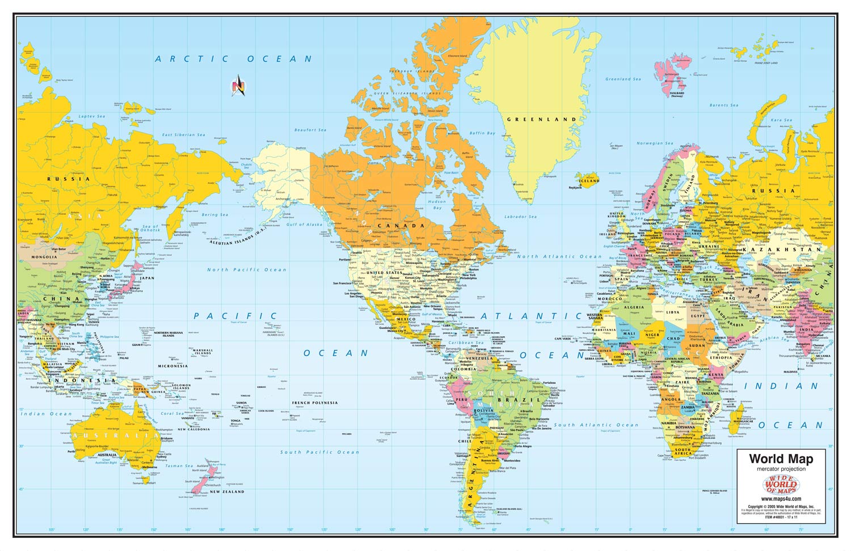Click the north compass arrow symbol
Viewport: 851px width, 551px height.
[x=239, y=86]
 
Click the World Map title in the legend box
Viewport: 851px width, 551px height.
[x=781, y=459]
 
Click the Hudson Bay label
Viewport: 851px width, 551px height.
[x=437, y=205]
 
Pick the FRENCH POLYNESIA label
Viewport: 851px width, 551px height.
[x=315, y=403]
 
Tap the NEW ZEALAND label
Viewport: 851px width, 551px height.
[x=227, y=491]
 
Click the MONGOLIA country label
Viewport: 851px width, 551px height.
[x=44, y=257]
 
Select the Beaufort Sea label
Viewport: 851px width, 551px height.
[x=310, y=130]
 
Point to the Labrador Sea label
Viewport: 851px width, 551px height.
[x=520, y=217]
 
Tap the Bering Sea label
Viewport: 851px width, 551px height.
[x=215, y=215]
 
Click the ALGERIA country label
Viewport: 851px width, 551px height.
[x=634, y=307]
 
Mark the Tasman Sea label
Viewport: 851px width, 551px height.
[x=179, y=466]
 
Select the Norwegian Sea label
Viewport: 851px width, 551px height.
[x=654, y=143]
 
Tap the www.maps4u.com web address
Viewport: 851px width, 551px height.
[x=781, y=499]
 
